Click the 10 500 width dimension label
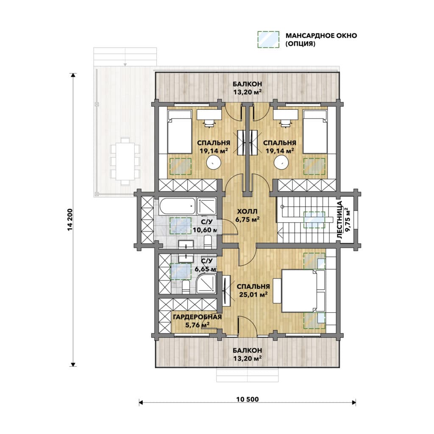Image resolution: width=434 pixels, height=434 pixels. click(248, 399)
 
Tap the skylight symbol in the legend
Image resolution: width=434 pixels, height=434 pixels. click(268, 39)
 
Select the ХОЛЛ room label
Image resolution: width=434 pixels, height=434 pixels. click(247, 211)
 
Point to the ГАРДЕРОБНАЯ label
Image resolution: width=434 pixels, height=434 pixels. click(198, 317)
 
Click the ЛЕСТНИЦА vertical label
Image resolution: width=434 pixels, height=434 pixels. click(340, 220)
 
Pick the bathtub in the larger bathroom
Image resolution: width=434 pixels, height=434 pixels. click(178, 206)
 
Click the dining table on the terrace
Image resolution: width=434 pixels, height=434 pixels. click(125, 161)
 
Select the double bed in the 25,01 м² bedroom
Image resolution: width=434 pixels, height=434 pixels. click(303, 291)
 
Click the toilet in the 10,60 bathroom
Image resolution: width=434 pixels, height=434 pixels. click(208, 242)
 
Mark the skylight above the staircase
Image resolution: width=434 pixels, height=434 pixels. click(314, 220)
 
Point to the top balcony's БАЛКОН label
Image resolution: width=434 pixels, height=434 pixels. click(247, 83)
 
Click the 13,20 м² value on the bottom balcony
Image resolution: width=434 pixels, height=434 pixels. click(247, 359)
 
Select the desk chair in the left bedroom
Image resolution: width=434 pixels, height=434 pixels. click(209, 123)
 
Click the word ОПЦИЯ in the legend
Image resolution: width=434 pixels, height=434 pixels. click(300, 44)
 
